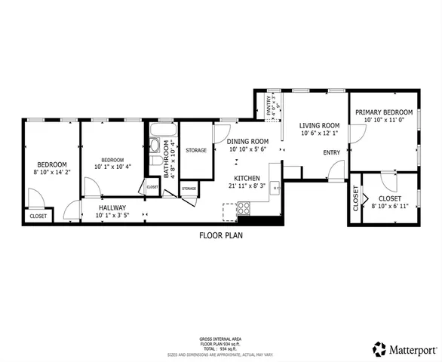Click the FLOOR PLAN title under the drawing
[220, 235]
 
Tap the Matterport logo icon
[379, 348]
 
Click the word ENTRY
[332, 152]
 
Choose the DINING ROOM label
[249, 141]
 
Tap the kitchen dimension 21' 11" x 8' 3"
[247, 187]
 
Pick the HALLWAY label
[110, 207]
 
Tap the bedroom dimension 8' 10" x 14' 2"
[52, 173]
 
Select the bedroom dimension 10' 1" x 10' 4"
[112, 167]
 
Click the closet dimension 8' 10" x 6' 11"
[389, 206]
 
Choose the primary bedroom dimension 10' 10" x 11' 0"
[385, 119]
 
